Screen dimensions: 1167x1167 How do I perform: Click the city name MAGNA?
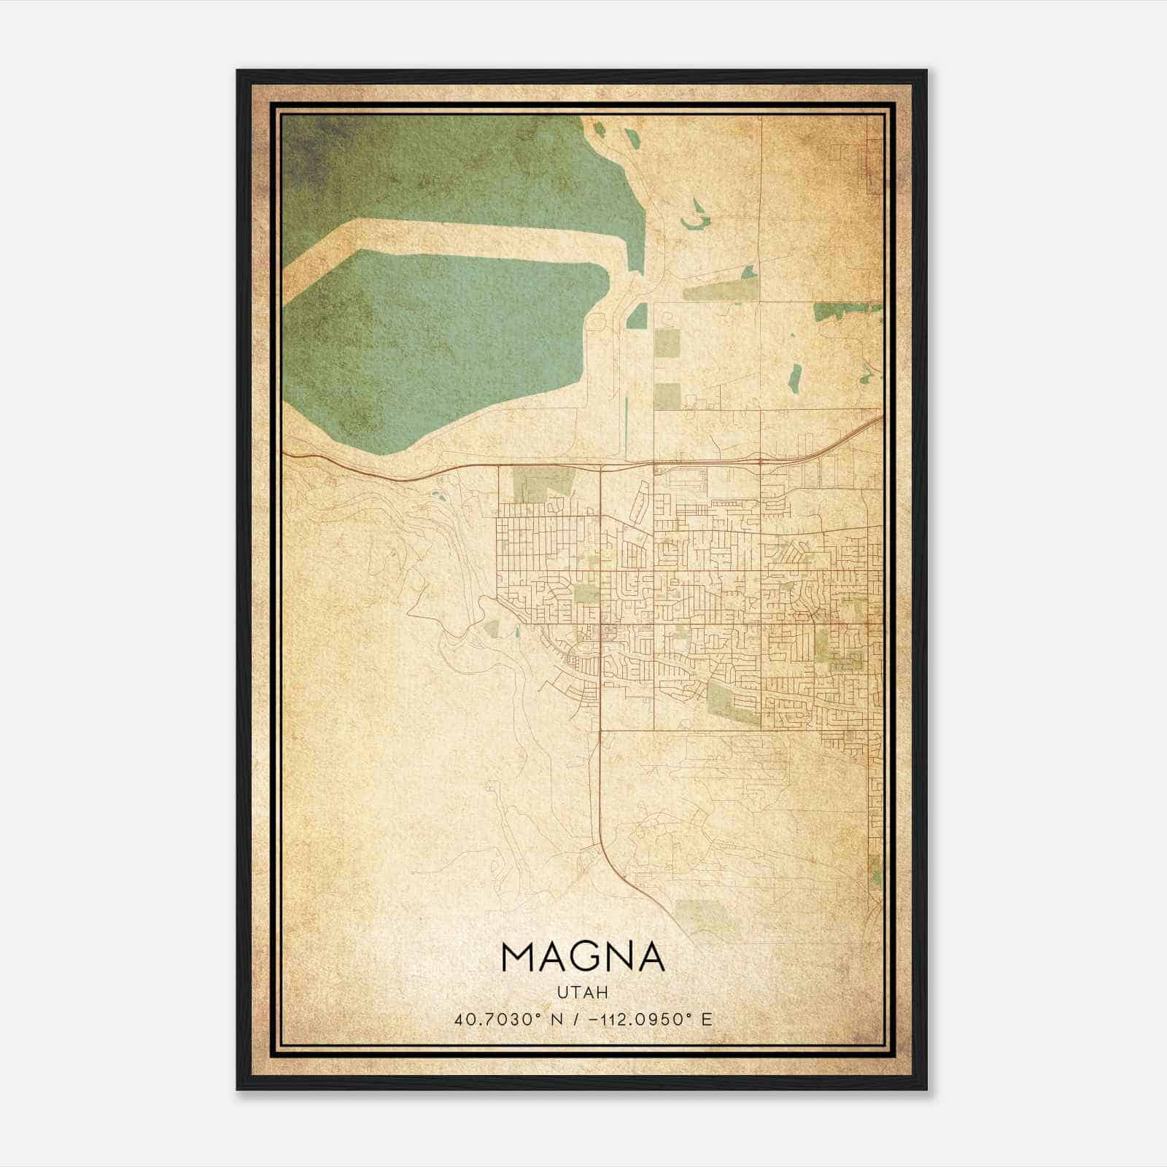coord(583,958)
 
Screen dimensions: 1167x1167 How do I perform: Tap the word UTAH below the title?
coord(583,993)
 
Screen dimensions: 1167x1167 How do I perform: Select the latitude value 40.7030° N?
coord(501,1020)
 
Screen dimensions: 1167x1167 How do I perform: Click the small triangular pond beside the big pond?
coord(637,316)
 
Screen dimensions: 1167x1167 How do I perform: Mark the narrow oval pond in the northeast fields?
coord(795,376)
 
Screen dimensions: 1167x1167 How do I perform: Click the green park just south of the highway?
coord(543,485)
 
